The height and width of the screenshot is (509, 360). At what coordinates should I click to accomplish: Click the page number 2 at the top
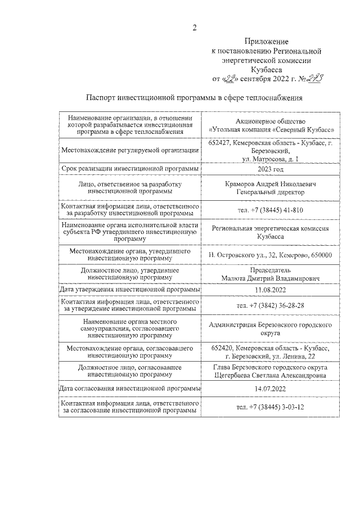(x=194, y=28)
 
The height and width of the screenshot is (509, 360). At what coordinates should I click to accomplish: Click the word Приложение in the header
(x=267, y=42)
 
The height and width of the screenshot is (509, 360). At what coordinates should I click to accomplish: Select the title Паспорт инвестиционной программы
(x=195, y=97)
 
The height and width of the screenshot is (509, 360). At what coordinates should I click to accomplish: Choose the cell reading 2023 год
(x=271, y=169)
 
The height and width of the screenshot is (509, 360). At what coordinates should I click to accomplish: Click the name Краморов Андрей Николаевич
(x=271, y=184)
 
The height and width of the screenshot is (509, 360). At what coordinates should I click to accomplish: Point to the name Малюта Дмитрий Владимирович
(x=271, y=278)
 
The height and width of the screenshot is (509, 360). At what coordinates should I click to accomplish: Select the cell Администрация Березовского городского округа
(x=271, y=328)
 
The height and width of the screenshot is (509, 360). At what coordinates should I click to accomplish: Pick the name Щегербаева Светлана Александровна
(x=271, y=376)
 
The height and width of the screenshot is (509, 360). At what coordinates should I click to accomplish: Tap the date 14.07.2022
(x=271, y=389)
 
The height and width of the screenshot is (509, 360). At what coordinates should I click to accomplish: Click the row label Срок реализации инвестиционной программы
(x=129, y=169)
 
